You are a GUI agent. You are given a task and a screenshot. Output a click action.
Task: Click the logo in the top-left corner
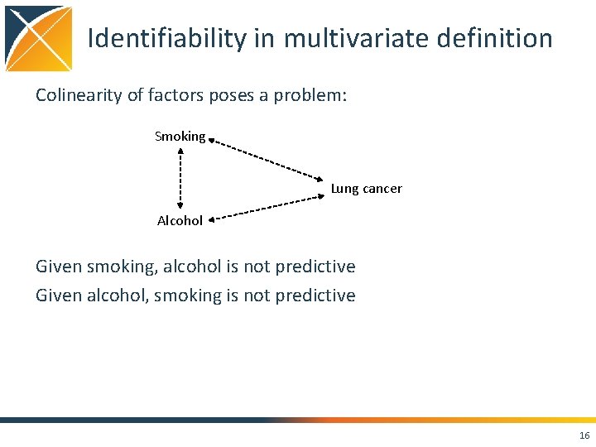(x=38, y=38)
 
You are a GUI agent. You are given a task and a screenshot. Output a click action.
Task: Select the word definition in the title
(x=499, y=38)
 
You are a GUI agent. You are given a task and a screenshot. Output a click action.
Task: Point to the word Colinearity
(x=79, y=95)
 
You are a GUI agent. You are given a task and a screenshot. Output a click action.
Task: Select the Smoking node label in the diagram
(x=180, y=137)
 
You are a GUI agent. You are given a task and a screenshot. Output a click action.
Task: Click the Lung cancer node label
(x=366, y=189)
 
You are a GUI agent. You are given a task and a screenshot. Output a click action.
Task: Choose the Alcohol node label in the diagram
(x=180, y=221)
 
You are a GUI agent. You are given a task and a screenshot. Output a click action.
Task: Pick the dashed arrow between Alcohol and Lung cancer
(x=266, y=208)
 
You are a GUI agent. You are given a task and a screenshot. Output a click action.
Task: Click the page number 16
(x=584, y=435)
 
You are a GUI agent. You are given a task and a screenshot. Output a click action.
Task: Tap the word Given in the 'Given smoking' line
(x=59, y=267)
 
